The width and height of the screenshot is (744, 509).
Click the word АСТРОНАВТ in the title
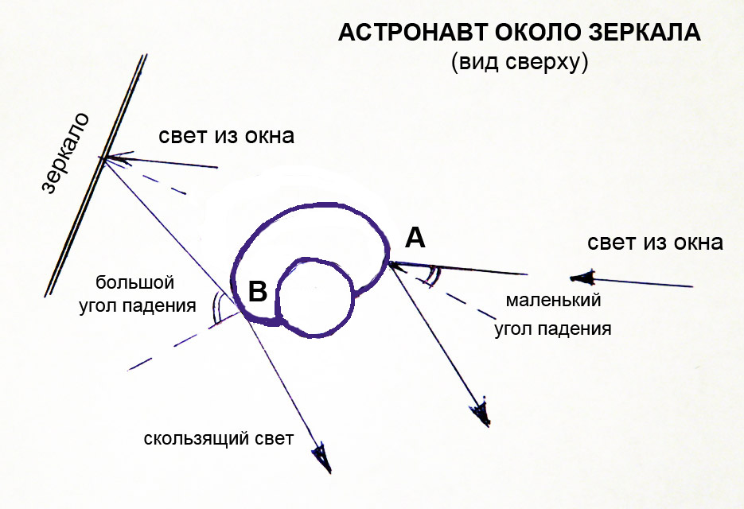[x=413, y=33]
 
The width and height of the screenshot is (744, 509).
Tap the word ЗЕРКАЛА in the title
[x=645, y=33]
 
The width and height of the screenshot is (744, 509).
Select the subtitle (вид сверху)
[x=520, y=62]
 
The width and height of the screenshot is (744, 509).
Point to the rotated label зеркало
[x=65, y=153]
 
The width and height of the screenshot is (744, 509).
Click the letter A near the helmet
[x=415, y=238]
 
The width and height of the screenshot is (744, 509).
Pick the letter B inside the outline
[x=258, y=291]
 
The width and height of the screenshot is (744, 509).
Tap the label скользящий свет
[x=219, y=439]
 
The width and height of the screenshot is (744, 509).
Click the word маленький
[x=553, y=300]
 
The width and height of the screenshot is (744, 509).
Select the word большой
[x=134, y=282]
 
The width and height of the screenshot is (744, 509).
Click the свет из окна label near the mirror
[x=226, y=136]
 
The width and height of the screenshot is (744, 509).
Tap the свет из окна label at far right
[x=655, y=243]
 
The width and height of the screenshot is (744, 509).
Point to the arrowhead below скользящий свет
[x=322, y=457]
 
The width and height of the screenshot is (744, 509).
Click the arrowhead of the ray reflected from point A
[x=481, y=412]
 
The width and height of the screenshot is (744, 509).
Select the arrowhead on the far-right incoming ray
[x=582, y=278]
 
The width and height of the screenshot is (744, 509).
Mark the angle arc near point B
[x=216, y=308]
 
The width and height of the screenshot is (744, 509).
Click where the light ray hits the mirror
[x=102, y=158]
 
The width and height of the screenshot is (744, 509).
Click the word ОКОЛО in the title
[x=539, y=33]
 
